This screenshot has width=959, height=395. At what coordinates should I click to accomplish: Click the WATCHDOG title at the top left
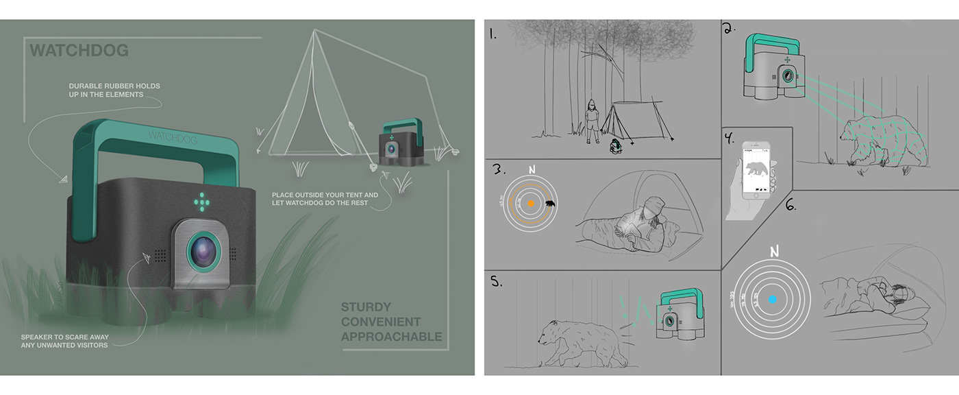point(79,51)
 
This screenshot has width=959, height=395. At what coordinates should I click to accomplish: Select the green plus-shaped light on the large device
point(201,201)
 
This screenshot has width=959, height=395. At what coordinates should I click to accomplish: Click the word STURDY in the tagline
point(366,307)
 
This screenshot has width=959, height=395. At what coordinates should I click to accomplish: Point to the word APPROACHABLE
point(391,337)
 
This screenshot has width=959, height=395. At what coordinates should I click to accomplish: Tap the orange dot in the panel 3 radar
point(531,204)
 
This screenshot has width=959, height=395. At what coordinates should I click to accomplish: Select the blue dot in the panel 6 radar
point(772,300)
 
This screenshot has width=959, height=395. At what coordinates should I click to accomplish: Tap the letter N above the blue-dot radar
point(774,252)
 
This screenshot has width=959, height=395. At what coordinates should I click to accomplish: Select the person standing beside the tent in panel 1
point(591,121)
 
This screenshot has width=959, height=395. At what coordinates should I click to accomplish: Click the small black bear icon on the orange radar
point(550,204)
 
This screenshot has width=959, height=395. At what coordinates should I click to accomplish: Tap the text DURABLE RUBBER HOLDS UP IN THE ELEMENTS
point(114,90)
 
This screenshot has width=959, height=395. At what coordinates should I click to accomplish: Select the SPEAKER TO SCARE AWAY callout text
point(65,341)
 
